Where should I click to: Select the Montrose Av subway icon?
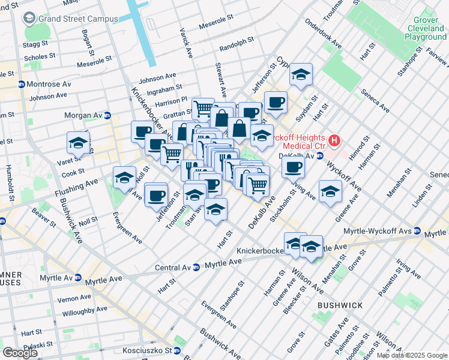[x=21, y=84]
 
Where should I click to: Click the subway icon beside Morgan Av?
[x=107, y=115]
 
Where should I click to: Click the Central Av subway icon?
[x=196, y=267]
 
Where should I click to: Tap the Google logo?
[x=20, y=352]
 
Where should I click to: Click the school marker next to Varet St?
[x=77, y=143]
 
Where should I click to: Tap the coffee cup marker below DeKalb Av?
[x=293, y=166]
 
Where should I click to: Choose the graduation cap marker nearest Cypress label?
[x=301, y=74]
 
